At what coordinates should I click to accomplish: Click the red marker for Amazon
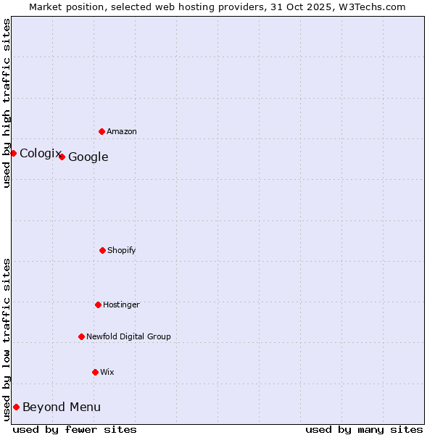coord(101,131)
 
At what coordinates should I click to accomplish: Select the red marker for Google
coord(62,157)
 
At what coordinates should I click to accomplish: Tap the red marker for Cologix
coord(13,153)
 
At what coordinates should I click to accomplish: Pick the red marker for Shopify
coord(102,250)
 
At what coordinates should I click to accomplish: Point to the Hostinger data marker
coord(98,304)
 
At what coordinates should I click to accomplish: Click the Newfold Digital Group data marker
coord(81,336)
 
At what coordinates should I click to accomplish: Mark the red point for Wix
coord(95,372)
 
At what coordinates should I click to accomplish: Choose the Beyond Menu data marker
coord(16,407)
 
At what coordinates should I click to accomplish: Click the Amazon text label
coord(122,131)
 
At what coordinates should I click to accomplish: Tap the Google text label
coord(88,157)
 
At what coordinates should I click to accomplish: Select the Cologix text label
coord(40,153)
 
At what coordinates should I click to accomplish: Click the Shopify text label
coord(122,250)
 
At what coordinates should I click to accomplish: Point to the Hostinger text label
coord(121,304)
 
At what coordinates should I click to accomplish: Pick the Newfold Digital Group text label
coord(128,336)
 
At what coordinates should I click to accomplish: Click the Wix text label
coord(107,372)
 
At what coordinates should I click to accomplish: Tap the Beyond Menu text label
coord(62,407)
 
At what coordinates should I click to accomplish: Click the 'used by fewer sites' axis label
coord(75,429)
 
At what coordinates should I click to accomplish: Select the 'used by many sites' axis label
coord(364,429)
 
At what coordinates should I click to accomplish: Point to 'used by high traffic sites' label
coord(7,103)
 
